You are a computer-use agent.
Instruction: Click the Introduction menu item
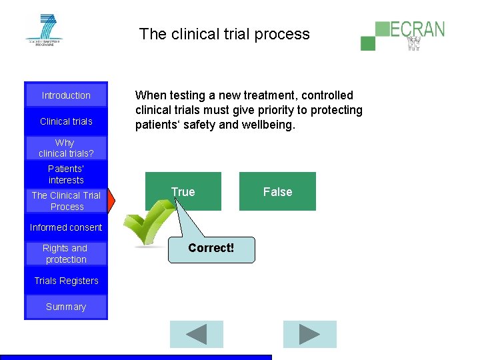coord(66,95)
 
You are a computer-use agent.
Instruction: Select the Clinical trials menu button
coord(66,121)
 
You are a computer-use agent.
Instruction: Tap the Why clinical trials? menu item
coord(66,148)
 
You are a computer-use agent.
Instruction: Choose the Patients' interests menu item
coord(66,175)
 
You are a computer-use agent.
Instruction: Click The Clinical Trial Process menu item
coord(66,201)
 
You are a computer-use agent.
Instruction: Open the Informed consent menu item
coord(66,227)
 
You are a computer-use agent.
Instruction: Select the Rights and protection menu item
coord(66,253)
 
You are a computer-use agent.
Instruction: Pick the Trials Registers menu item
coord(66,281)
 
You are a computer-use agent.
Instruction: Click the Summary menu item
coord(66,307)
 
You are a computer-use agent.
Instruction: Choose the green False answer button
coord(277,192)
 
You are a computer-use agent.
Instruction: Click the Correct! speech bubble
coord(211,249)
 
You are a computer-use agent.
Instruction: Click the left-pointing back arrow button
coord(196,335)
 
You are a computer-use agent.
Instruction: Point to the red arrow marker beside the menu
coord(112,200)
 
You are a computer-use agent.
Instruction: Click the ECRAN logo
coord(403,35)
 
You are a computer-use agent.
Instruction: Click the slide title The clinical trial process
coord(225,34)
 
